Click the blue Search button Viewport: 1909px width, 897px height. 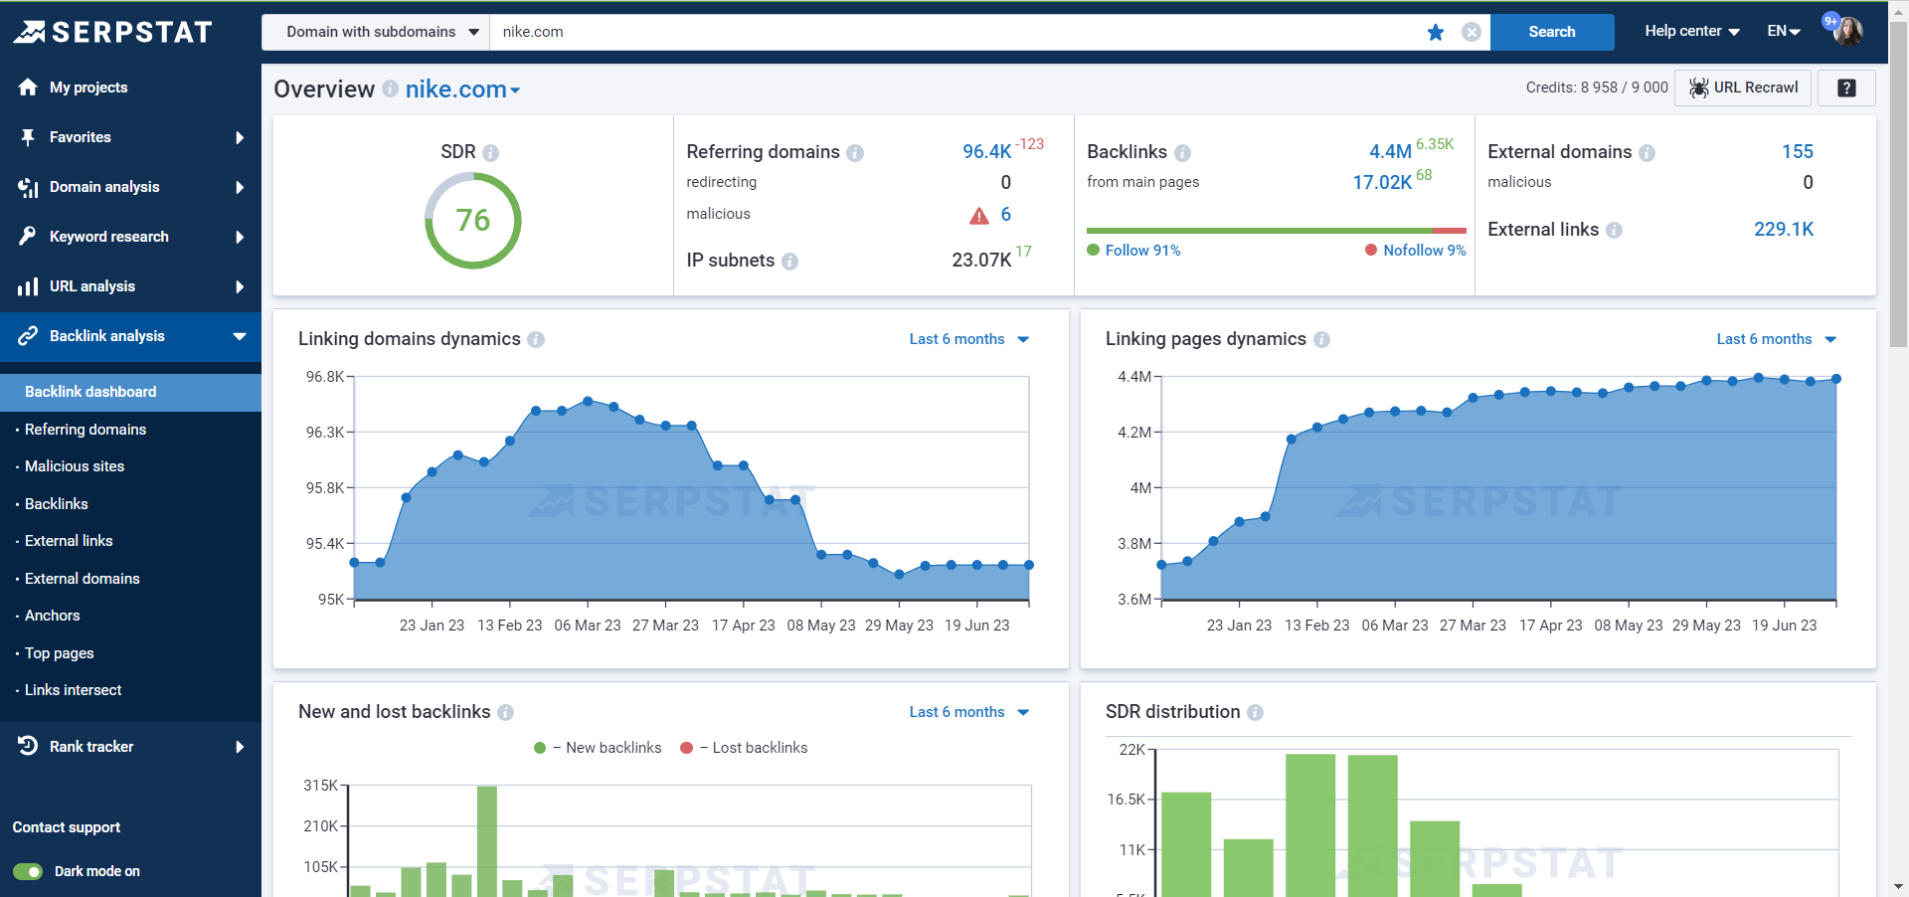click(1551, 32)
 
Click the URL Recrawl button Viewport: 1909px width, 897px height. click(1743, 88)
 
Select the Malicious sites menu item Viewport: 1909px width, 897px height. click(75, 466)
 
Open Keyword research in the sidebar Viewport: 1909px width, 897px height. click(109, 237)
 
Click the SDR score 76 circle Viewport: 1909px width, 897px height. click(473, 221)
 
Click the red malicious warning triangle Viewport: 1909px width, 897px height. click(978, 216)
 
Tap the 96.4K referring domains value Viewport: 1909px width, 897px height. click(986, 151)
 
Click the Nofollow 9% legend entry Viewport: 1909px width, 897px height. click(1415, 251)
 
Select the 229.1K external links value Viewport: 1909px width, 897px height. click(1784, 230)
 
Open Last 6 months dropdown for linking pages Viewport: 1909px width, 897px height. click(1776, 339)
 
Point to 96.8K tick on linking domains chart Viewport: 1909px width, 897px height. click(325, 377)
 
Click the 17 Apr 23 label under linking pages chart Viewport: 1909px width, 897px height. click(1550, 626)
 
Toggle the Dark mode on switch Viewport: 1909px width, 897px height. click(28, 872)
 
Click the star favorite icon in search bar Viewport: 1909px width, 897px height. click(1435, 32)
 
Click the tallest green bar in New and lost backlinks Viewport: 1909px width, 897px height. click(487, 840)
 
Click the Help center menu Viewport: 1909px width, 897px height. click(1691, 31)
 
